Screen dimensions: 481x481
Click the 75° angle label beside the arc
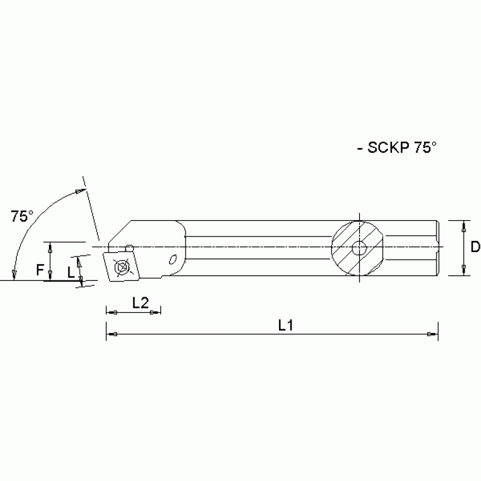(x=22, y=216)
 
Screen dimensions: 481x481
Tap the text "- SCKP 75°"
(x=395, y=148)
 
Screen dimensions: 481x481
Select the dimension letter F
(x=39, y=270)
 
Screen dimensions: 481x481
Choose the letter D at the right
(x=475, y=247)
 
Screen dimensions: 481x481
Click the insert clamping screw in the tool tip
(x=122, y=268)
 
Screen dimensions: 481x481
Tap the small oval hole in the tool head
(x=174, y=258)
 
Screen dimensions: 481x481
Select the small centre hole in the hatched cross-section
(x=359, y=248)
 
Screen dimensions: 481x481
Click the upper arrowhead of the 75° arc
(x=79, y=191)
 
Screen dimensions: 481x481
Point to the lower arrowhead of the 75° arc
(x=13, y=274)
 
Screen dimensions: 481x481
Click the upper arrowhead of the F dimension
(x=50, y=246)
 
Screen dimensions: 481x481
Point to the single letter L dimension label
(x=71, y=272)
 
